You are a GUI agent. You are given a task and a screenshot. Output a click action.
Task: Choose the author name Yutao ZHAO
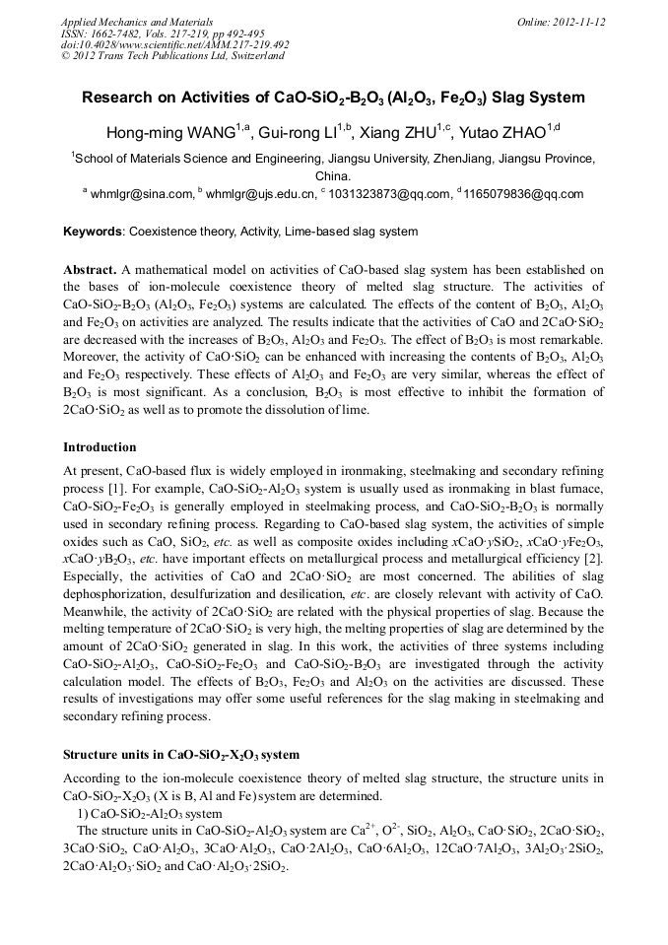(x=506, y=134)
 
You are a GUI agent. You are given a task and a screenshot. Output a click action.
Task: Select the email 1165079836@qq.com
(x=523, y=195)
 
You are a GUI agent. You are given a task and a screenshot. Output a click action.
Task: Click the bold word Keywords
(x=93, y=233)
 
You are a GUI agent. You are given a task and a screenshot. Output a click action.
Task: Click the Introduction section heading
(x=100, y=447)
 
